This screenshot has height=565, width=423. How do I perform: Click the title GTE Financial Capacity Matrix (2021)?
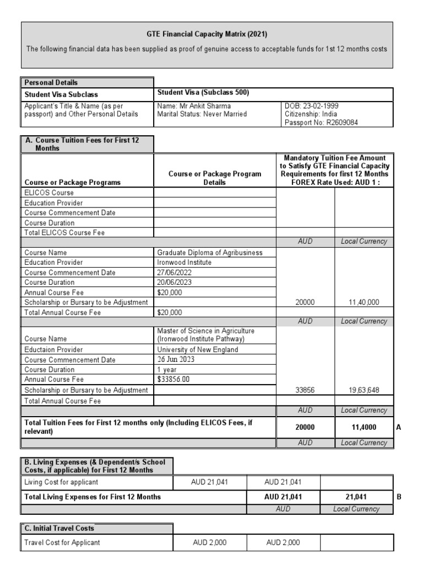(x=207, y=34)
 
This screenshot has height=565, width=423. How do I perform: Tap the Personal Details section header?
(x=51, y=82)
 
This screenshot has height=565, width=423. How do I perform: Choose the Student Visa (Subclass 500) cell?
(x=203, y=93)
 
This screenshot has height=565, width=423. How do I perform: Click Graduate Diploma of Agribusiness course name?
(x=210, y=253)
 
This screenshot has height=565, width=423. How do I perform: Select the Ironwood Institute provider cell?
(x=184, y=263)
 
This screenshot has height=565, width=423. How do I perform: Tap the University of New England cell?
(x=198, y=349)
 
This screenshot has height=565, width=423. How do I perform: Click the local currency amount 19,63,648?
(x=364, y=390)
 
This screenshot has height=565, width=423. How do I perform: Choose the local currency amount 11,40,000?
(x=364, y=302)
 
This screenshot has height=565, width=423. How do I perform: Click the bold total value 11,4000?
(x=364, y=427)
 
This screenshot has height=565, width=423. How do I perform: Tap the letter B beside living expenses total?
(x=399, y=497)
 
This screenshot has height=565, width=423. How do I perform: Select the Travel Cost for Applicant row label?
(x=62, y=542)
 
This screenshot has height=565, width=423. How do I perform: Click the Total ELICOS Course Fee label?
(x=64, y=233)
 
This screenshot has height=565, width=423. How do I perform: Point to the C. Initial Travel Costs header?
(x=59, y=528)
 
